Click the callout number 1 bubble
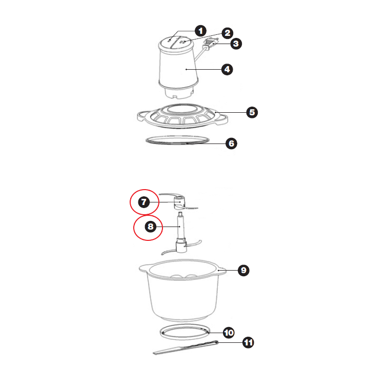(x=200, y=31)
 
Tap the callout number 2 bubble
(x=228, y=33)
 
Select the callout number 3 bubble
(x=236, y=44)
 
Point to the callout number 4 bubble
(x=227, y=69)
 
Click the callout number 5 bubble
(x=252, y=112)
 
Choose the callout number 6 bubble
(x=231, y=143)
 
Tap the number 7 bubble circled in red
(x=144, y=202)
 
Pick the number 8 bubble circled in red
(x=151, y=227)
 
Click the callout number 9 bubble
(x=243, y=270)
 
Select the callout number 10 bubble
(x=229, y=333)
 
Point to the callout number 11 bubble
(x=248, y=342)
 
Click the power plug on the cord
(x=211, y=43)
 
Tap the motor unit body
(x=178, y=68)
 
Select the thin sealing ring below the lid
(x=178, y=142)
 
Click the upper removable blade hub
(x=179, y=202)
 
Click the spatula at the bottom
(x=186, y=347)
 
